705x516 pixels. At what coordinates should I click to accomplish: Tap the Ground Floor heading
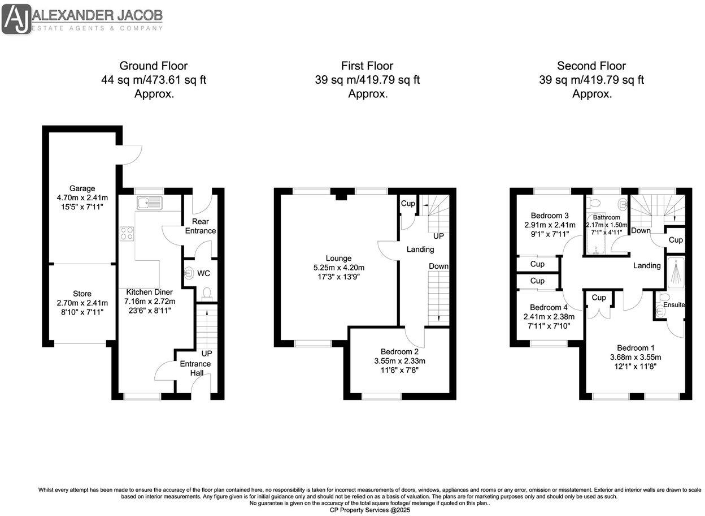[153, 66]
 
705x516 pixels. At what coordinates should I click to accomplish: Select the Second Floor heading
[591, 66]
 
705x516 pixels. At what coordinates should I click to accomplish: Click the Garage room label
[82, 188]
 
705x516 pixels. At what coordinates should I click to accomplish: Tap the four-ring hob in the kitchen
[127, 234]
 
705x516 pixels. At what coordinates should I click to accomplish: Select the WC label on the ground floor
[203, 273]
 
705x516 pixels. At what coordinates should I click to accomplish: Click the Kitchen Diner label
[150, 292]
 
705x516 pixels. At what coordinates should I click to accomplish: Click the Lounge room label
[338, 258]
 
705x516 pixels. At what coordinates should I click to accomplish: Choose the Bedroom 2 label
[399, 351]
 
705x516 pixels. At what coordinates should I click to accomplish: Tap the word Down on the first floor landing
[438, 266]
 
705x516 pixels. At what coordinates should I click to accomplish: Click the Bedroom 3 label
[550, 215]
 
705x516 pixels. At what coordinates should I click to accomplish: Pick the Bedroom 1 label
[636, 347]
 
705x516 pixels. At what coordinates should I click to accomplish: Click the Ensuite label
[674, 304]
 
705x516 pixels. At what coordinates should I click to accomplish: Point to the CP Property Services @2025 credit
[370, 510]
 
